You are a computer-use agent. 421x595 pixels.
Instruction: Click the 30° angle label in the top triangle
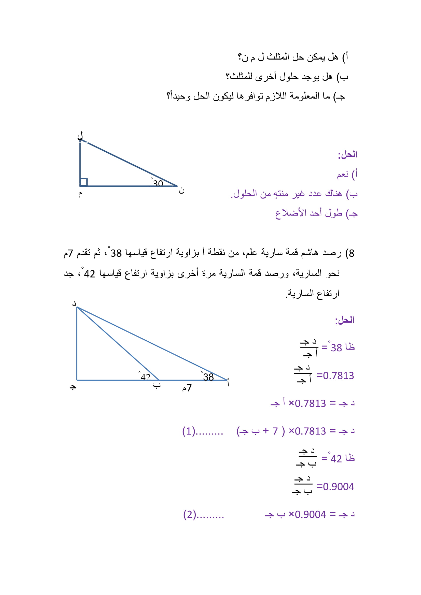157,183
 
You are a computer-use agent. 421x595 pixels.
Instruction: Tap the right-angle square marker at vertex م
83,182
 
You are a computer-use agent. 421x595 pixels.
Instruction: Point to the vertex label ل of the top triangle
80,136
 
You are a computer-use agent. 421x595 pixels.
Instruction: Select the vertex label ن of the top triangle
181,191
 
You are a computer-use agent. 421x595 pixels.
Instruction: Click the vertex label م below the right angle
80,194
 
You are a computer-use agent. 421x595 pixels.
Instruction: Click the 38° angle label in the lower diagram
208,377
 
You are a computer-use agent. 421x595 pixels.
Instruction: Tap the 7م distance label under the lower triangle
187,388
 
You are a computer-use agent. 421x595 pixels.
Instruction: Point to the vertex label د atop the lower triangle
74,303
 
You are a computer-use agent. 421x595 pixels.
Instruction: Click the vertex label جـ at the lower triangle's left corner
73,387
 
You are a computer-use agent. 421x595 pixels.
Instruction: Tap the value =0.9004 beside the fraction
335,487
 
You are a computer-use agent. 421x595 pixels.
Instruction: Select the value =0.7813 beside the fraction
335,375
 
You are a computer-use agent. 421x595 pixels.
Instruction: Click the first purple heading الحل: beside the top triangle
347,155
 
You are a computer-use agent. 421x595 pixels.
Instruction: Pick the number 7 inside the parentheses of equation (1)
275,431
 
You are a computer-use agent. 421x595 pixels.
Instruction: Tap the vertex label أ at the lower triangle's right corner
228,383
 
